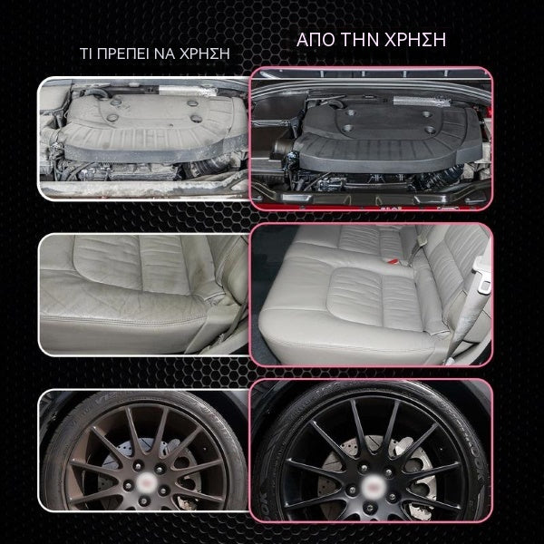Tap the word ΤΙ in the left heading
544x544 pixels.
coord(86,53)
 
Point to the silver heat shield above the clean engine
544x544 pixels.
coord(422,102)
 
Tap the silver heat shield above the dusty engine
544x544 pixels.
coord(188,92)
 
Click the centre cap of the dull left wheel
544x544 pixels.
coord(145,482)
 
